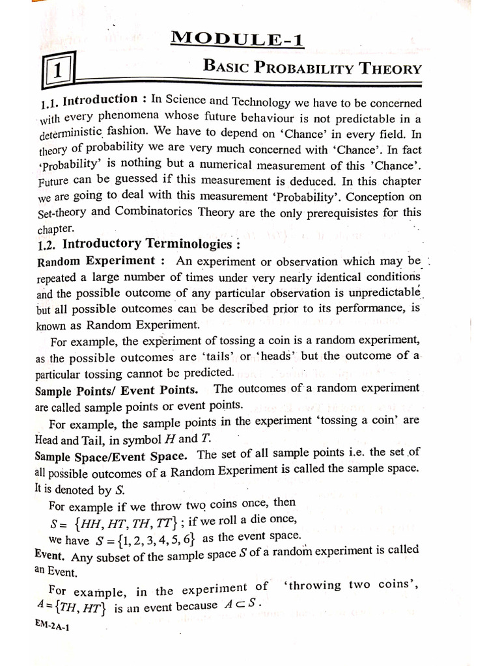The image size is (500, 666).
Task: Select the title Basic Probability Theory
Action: pos(312,67)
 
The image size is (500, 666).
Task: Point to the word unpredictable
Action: pos(379,293)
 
